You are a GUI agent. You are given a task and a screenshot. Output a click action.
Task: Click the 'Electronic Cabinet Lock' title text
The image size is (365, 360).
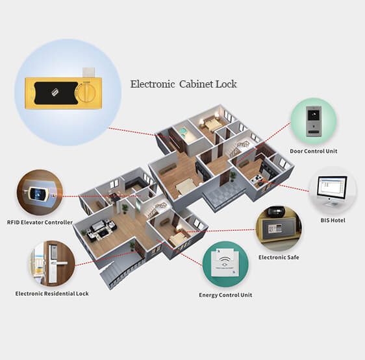pyautogui.click(x=183, y=84)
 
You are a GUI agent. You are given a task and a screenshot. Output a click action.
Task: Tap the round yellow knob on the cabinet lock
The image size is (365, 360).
pyautogui.click(x=86, y=93)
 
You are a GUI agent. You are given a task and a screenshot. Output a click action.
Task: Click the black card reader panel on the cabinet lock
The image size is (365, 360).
pyautogui.click(x=56, y=93)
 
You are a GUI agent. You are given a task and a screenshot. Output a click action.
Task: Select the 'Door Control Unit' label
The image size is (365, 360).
pyautogui.click(x=313, y=151)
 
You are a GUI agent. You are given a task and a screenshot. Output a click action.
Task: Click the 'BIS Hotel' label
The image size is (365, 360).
pyautogui.click(x=333, y=221)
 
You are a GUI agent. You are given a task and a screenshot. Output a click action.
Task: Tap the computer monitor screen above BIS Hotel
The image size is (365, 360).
pyautogui.click(x=333, y=187)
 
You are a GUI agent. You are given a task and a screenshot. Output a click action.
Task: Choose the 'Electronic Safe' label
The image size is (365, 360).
pyautogui.click(x=279, y=258)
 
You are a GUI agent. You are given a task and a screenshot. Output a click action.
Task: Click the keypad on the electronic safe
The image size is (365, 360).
pyautogui.click(x=275, y=228)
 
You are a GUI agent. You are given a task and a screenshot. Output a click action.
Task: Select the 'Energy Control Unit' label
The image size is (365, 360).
pyautogui.click(x=225, y=295)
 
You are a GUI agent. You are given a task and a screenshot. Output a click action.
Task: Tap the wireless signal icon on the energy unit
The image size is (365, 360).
pyautogui.click(x=225, y=259)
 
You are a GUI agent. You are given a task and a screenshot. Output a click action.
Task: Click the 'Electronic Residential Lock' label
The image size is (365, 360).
pyautogui.click(x=52, y=294)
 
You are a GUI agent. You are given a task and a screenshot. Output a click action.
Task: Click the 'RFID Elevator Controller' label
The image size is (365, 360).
pyautogui.click(x=40, y=222)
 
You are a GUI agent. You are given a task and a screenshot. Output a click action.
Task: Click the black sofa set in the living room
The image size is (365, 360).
pyautogui.click(x=99, y=229)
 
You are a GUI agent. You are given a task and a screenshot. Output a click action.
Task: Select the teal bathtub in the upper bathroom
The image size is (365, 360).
pyautogui.click(x=182, y=132)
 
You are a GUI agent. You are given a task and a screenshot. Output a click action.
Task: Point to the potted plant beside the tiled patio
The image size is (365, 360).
pyautogui.click(x=233, y=176)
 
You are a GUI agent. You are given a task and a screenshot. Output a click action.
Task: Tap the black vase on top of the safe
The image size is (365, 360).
pyautogui.click(x=276, y=211)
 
